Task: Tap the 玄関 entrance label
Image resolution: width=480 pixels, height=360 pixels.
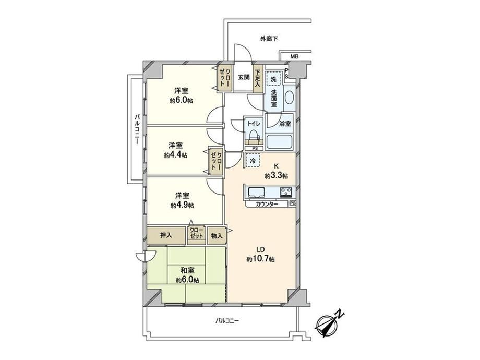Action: [x=244, y=77]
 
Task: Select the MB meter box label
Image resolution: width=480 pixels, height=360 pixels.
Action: [x=294, y=57]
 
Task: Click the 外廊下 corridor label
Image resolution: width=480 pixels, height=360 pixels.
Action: [x=269, y=39]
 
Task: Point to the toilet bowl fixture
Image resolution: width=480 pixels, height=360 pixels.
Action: [x=254, y=135]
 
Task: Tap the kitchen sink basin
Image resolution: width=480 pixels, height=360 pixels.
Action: [x=257, y=192]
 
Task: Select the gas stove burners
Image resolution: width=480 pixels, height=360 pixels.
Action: [x=286, y=192]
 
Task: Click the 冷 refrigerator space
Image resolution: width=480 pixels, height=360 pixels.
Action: [x=253, y=160]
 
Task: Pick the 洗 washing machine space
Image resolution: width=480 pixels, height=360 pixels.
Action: [x=273, y=79]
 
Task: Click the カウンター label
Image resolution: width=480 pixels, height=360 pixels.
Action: [x=267, y=204]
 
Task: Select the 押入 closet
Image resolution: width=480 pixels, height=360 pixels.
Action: [x=166, y=235]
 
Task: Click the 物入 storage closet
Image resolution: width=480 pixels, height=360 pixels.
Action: [x=217, y=236]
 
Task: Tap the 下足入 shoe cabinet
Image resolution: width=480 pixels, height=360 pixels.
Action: [x=258, y=79]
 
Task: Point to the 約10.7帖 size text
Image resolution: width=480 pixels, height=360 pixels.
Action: [x=260, y=259]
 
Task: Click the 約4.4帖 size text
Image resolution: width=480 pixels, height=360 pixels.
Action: [x=175, y=155]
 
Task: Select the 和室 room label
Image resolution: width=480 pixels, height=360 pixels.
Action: [x=187, y=270]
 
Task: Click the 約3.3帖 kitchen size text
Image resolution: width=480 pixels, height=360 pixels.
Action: [x=276, y=176]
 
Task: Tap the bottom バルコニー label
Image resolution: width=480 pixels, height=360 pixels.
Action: [x=227, y=321]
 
